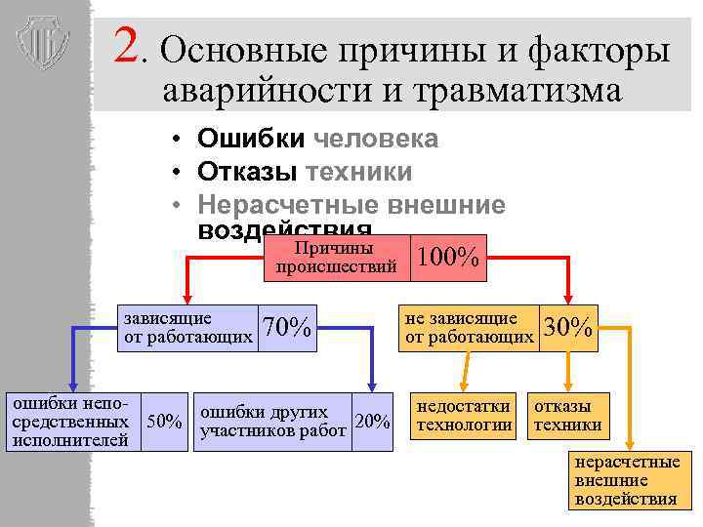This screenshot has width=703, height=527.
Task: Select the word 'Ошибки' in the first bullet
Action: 251,140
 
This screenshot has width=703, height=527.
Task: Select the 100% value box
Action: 447,258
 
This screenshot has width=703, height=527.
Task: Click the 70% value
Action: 287,328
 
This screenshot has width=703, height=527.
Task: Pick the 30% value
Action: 568,328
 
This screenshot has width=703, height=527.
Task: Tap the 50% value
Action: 164,422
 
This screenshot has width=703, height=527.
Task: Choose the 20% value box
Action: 372,422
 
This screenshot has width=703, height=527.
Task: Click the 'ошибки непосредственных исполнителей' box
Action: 70,422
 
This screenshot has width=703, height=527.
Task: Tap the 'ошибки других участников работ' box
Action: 272,422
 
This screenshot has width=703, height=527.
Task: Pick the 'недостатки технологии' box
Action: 464,416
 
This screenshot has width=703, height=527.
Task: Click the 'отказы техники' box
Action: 566,416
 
